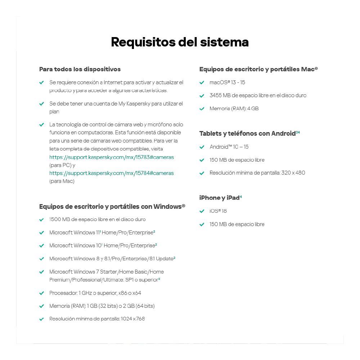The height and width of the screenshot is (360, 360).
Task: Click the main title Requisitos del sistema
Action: [180, 42]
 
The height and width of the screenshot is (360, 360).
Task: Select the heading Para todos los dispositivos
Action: [80, 69]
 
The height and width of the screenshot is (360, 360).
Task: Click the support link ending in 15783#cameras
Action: [112, 157]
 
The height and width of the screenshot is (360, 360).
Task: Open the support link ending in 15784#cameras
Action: [112, 173]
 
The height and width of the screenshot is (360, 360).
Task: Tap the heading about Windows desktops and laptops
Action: [112, 207]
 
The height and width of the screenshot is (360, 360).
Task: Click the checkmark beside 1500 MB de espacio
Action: [41, 220]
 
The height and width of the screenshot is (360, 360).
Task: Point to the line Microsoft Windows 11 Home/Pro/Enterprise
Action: [102, 233]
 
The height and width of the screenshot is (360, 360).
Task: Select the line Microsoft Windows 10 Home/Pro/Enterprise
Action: [103, 246]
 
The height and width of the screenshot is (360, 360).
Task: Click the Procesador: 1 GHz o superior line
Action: [95, 293]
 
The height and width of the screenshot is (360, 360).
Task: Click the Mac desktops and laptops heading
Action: [258, 69]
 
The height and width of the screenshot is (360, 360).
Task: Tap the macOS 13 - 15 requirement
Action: [227, 82]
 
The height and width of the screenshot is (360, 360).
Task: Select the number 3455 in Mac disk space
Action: [216, 95]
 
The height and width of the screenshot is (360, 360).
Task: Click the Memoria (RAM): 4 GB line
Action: [234, 108]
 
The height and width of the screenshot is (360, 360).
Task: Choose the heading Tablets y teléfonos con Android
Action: [248, 134]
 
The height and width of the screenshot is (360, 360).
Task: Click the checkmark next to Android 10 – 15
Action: [202, 147]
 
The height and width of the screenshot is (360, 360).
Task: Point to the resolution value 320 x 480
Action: [293, 173]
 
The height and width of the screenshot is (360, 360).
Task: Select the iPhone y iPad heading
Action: [220, 198]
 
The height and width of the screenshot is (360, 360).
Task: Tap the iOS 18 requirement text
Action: [218, 211]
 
